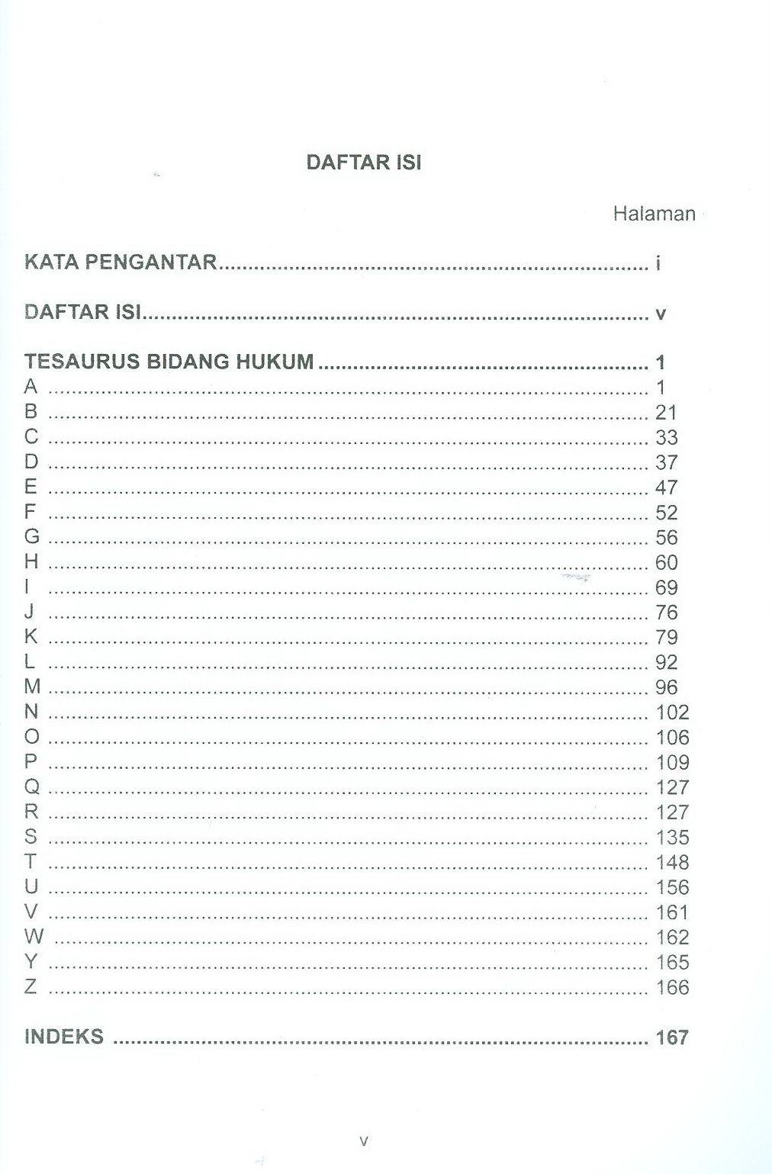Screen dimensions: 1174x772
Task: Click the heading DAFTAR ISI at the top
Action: (363, 162)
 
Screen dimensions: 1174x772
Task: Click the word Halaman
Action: (654, 214)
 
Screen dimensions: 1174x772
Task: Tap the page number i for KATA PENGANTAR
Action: (658, 263)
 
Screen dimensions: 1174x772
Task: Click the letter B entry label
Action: (31, 411)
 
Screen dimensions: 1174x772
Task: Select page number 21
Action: (665, 413)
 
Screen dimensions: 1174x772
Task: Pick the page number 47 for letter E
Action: (665, 487)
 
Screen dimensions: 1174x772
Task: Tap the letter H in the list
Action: (31, 561)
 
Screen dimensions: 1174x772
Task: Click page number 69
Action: (665, 587)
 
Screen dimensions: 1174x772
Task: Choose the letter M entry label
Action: (32, 687)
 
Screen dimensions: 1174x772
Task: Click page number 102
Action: (671, 712)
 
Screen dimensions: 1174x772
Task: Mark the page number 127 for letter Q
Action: (671, 787)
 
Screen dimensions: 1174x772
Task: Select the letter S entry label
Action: (31, 837)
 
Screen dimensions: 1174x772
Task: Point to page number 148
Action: (671, 862)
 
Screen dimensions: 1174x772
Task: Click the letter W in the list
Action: (34, 936)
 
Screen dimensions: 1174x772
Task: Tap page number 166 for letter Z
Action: (671, 987)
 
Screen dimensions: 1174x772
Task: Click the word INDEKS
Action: (63, 1037)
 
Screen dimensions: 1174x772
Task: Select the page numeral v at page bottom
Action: (364, 1142)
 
